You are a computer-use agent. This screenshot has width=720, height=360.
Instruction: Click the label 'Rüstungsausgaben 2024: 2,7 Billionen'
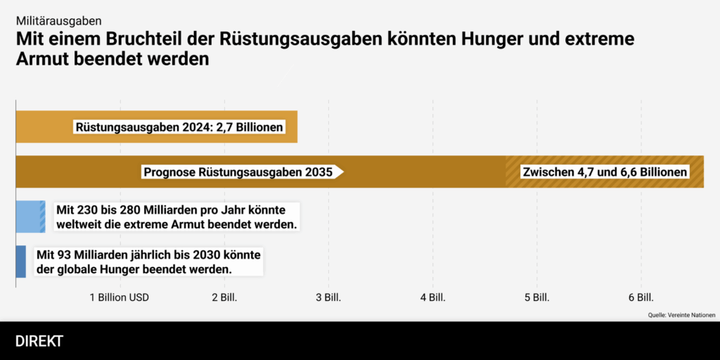(179, 127)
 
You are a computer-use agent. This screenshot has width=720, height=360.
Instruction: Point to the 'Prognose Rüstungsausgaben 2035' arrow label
(239, 172)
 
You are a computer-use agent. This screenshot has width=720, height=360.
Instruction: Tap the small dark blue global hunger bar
(20, 262)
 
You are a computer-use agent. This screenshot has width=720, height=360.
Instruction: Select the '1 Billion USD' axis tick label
(120, 297)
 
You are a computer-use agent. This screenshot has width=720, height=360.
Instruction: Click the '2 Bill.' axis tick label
(224, 297)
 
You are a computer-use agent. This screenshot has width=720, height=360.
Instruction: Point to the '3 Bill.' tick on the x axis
(328, 297)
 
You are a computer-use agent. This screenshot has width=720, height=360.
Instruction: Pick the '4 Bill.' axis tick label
(432, 297)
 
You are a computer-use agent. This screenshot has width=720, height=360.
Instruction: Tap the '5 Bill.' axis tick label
(536, 297)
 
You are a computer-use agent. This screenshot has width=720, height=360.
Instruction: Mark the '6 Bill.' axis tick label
(641, 297)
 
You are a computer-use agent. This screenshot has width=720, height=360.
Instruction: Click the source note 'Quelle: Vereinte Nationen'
(681, 315)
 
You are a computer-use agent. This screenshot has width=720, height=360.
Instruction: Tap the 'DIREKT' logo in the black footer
(39, 342)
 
